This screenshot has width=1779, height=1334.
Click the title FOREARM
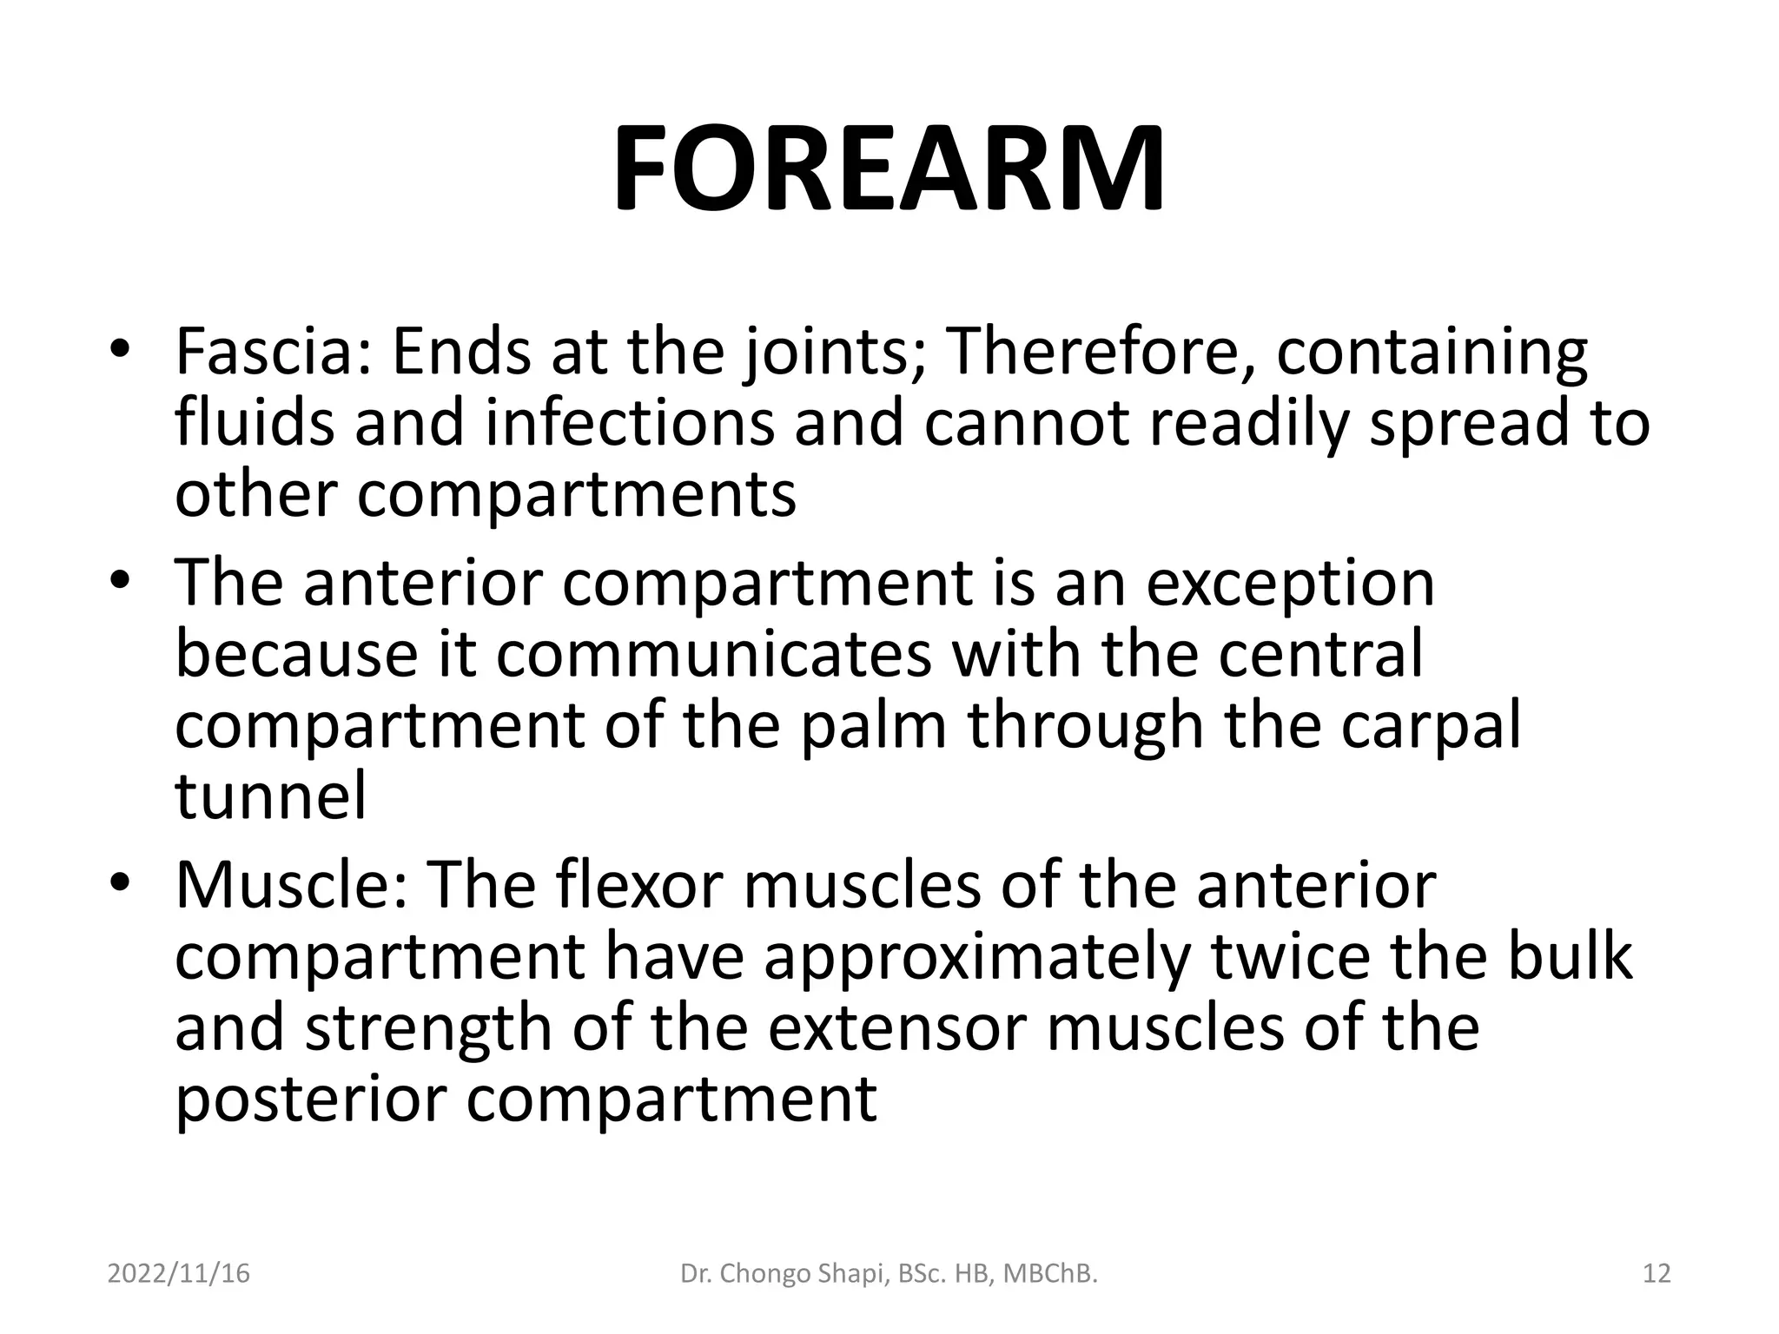click(x=889, y=168)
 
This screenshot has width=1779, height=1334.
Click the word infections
click(x=629, y=424)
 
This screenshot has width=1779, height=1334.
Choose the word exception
click(x=1290, y=584)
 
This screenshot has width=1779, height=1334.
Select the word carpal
click(x=1431, y=726)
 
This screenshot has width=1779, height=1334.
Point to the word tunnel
click(x=270, y=796)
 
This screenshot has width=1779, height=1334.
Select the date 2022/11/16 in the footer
click(x=178, y=1274)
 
